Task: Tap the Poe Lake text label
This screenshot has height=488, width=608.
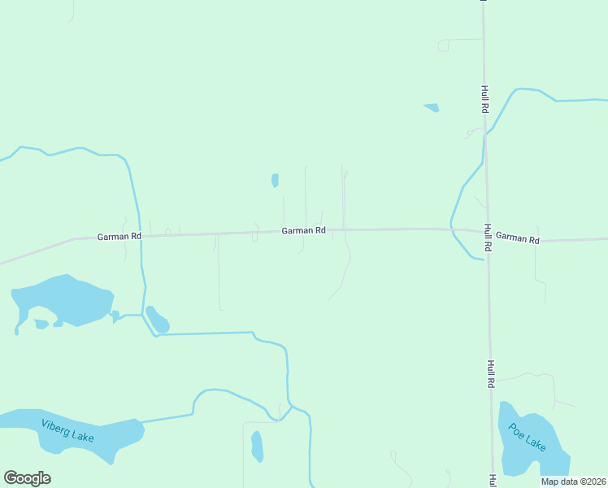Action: (x=528, y=437)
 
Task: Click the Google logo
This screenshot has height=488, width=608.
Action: (x=28, y=478)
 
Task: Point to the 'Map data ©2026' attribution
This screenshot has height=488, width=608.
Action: (x=574, y=481)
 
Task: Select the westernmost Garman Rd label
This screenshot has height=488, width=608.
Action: (x=119, y=236)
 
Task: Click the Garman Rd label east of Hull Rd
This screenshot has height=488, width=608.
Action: (x=518, y=238)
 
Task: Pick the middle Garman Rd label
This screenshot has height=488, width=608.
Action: (x=304, y=231)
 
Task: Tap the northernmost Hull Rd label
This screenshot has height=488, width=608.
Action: (x=484, y=98)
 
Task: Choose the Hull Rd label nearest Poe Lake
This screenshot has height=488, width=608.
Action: (x=491, y=374)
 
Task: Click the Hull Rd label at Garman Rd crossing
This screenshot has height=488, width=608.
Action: (x=488, y=237)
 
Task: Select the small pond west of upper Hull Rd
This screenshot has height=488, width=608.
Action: (x=431, y=107)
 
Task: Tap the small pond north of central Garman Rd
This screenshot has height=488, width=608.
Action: (x=275, y=181)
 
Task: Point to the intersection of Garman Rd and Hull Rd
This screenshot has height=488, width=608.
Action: (x=486, y=232)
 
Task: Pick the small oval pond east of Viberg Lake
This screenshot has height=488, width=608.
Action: (x=257, y=446)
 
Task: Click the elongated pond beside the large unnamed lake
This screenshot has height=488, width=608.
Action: (x=157, y=320)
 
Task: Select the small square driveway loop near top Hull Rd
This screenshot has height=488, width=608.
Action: (x=443, y=46)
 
